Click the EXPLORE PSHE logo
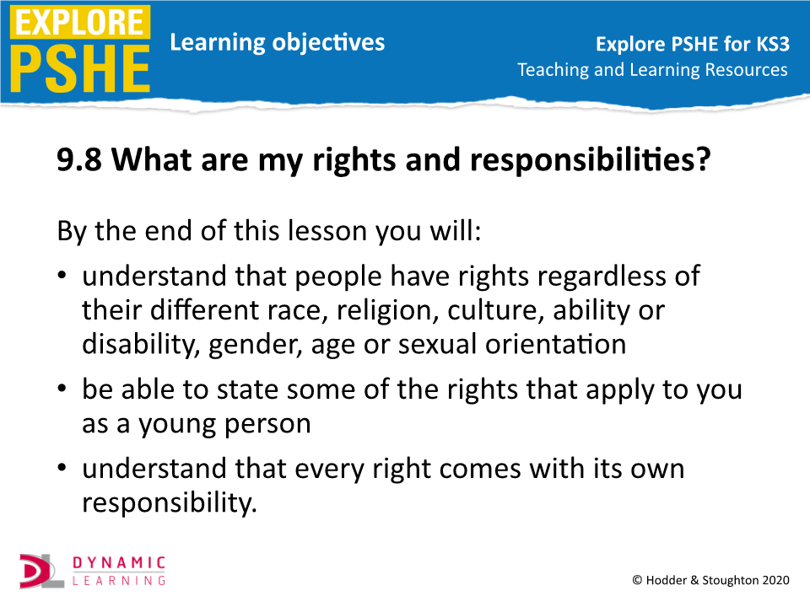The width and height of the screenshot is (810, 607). point(79,49)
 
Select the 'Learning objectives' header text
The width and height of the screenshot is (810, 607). point(277,42)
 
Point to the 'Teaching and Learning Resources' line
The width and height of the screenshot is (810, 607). point(652,69)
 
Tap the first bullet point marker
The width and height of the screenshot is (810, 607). point(63,277)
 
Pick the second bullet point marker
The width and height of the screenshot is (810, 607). point(63,390)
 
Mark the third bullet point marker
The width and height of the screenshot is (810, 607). point(63,470)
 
